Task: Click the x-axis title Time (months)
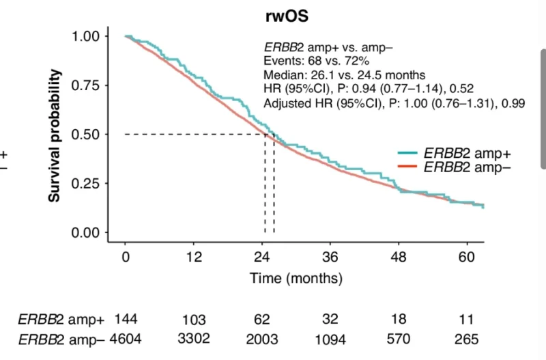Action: click(296, 279)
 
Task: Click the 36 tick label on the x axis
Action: click(330, 258)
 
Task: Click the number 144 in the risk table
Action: click(126, 319)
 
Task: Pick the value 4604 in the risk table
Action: click(126, 339)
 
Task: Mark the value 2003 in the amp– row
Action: click(262, 339)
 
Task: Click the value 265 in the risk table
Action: click(466, 339)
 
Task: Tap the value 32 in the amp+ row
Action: click(330, 319)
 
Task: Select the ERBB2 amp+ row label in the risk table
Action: click(61, 320)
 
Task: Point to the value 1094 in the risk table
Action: click(330, 339)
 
